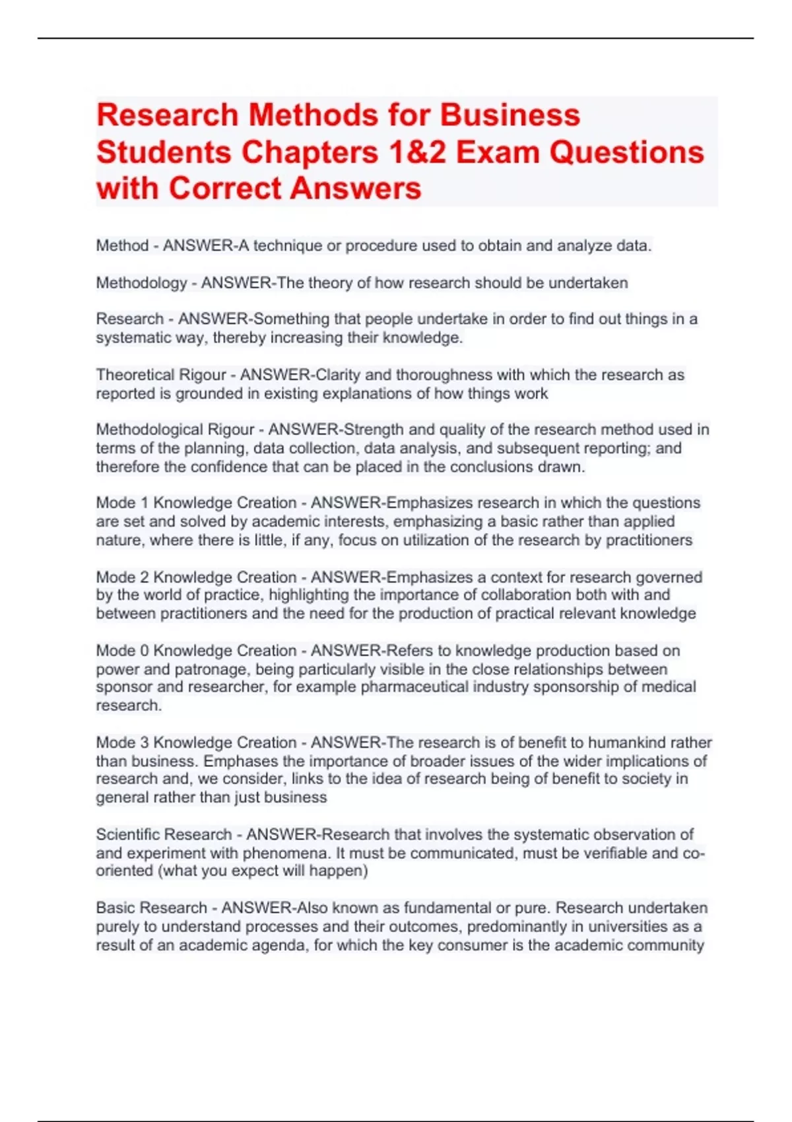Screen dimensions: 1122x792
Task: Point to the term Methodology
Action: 141,283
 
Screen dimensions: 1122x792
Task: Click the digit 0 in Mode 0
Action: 145,651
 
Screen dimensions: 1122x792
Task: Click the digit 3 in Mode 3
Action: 145,742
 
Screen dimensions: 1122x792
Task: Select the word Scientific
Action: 130,834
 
